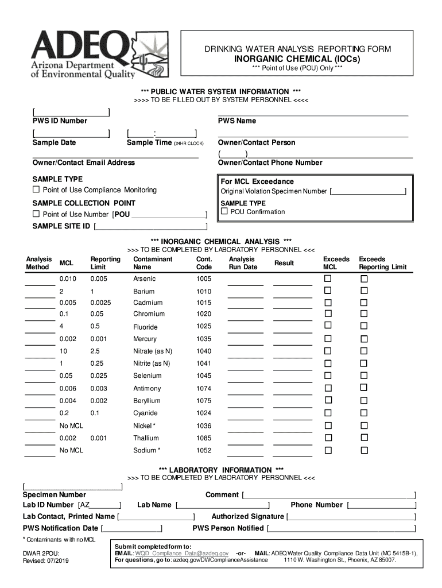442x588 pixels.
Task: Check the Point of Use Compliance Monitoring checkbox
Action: point(36,189)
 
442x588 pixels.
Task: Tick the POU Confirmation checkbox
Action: point(224,211)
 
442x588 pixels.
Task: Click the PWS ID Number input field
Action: point(71,111)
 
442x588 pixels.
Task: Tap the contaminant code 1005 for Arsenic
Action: point(204,278)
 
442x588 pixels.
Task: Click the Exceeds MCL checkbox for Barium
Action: point(328,291)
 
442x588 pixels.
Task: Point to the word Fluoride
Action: point(145,327)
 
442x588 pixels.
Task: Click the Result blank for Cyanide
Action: point(292,418)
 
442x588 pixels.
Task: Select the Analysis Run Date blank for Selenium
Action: point(245,381)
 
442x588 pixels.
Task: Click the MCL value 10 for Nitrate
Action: point(63,351)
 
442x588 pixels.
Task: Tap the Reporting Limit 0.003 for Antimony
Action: point(98,388)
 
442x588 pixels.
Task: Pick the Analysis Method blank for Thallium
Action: point(40,443)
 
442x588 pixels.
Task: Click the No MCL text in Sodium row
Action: point(71,450)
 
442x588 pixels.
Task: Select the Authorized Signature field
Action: point(351,517)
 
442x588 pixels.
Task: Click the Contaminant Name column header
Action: point(152,263)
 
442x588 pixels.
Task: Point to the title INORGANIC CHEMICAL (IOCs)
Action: point(297,60)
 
